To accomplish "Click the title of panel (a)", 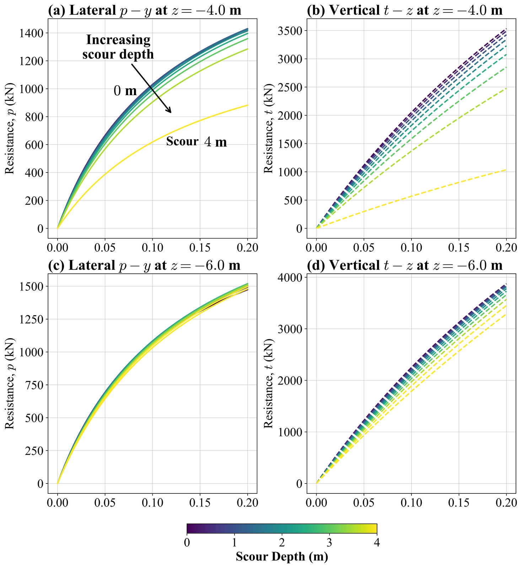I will pyautogui.click(x=145, y=10).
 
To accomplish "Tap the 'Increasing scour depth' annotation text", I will pyautogui.click(x=118, y=47).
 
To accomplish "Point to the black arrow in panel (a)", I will pyautogui.click(x=151, y=88).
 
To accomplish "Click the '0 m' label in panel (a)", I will pyautogui.click(x=125, y=91).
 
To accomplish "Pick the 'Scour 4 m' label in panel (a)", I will pyautogui.click(x=197, y=142).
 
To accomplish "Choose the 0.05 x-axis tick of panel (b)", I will pyautogui.click(x=364, y=247).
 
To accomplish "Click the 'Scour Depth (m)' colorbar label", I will pyautogui.click(x=282, y=556).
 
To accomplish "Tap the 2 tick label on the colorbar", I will pyautogui.click(x=282, y=543).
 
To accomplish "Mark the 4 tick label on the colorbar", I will pyautogui.click(x=377, y=543).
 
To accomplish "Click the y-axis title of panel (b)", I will pyautogui.click(x=269, y=129).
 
